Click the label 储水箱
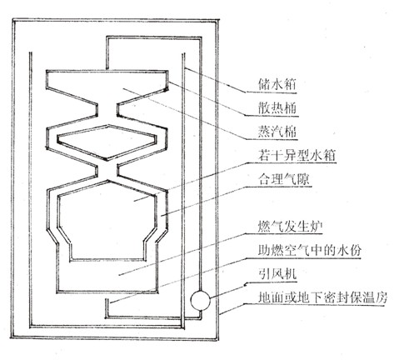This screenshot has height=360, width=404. (x=277, y=84)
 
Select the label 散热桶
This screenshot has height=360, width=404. (x=277, y=107)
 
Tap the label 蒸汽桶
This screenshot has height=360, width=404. (x=277, y=131)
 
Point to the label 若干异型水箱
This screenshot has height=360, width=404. (x=297, y=155)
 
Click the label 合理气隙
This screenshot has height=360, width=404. (x=283, y=179)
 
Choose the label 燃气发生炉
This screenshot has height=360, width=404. (x=290, y=227)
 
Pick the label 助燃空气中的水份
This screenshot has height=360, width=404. (x=309, y=250)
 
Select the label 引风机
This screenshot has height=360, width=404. (x=277, y=274)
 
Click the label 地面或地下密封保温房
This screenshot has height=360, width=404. (x=322, y=298)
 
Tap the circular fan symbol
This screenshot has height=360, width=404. (x=200, y=300)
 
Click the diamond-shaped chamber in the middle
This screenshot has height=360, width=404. (x=107, y=142)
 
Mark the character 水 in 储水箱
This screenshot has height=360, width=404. (x=277, y=84)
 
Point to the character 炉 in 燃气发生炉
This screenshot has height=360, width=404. (x=316, y=227)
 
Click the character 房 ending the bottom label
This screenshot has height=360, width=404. (x=381, y=298)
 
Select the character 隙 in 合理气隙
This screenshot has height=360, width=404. (x=303, y=179)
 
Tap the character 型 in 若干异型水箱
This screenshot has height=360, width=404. (x=303, y=155)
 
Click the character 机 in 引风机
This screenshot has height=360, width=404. (x=290, y=274)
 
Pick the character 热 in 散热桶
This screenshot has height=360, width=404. (x=277, y=107)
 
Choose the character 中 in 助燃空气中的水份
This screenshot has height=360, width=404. (x=316, y=250)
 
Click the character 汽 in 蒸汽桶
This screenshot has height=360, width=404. (x=277, y=131)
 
